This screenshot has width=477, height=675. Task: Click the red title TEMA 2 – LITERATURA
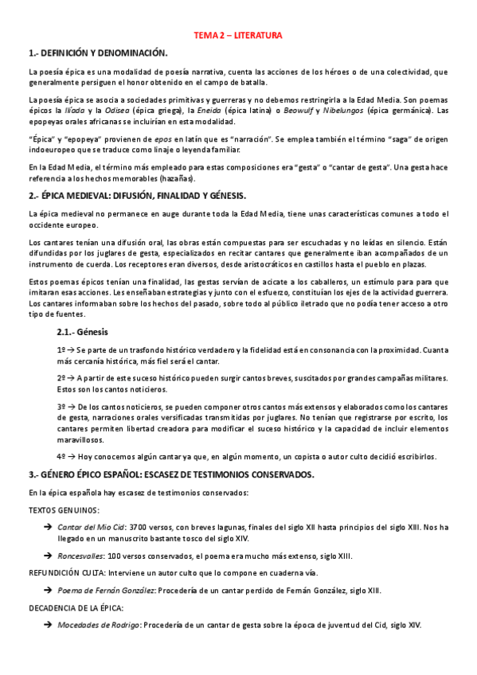[x=238, y=36]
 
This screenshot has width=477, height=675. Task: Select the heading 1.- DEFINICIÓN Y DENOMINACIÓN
[x=97, y=53]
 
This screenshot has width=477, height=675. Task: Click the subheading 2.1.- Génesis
[x=83, y=332]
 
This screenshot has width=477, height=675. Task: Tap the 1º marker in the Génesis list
[x=61, y=349]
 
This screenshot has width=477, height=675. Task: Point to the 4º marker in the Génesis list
[x=61, y=457]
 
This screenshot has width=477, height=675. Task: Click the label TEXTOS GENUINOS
[x=64, y=509]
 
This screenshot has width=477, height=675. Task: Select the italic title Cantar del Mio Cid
[x=91, y=527]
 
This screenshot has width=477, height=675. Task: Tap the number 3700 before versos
[x=139, y=527]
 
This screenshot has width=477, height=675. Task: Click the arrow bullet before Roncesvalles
[x=49, y=556]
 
